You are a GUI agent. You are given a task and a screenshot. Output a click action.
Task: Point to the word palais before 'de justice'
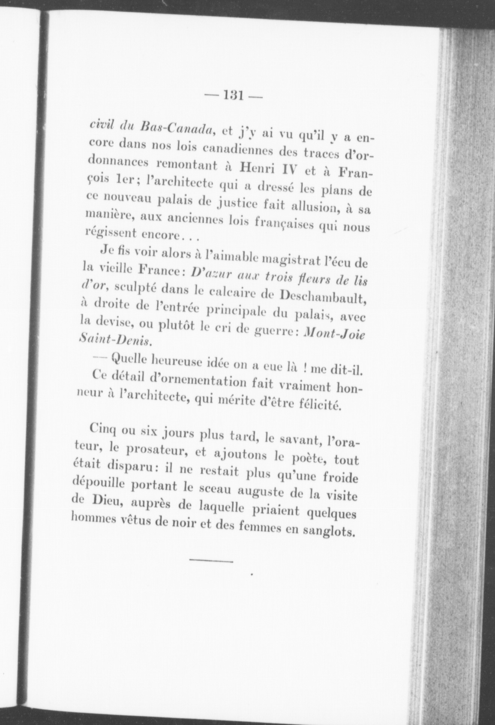pos(177,202)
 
